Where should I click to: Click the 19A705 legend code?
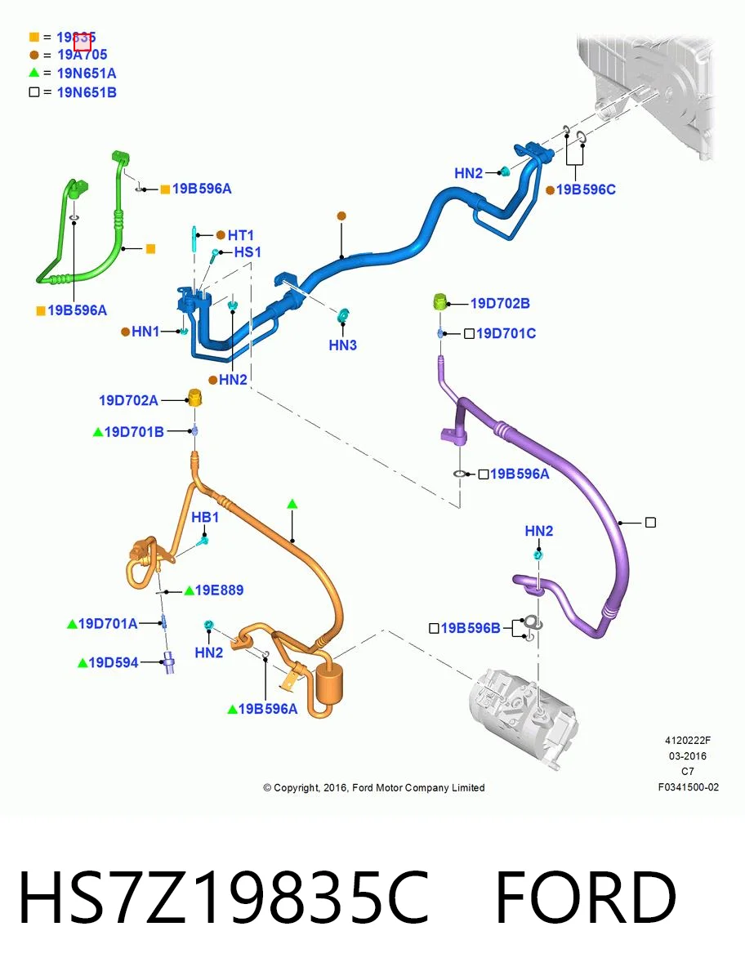[x=83, y=55]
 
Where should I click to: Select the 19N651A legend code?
[x=87, y=73]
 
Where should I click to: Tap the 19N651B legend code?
[x=87, y=92]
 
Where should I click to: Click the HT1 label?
[x=241, y=235]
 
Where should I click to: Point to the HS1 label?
[x=248, y=252]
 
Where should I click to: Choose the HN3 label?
[x=343, y=345]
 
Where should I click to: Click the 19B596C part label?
[x=586, y=189]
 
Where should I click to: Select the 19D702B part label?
[x=501, y=304]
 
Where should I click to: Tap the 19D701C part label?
[x=506, y=333]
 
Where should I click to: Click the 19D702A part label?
[x=128, y=400]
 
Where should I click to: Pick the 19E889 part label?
[x=219, y=590]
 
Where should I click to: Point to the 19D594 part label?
[x=114, y=662]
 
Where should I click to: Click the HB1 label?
[x=205, y=518]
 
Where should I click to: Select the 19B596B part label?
[x=471, y=628]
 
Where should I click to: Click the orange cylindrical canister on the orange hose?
[x=330, y=683]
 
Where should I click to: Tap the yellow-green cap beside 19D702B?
[x=440, y=302]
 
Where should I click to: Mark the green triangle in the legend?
[x=34, y=73]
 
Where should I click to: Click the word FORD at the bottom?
[x=586, y=897]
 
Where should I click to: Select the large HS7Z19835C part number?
[x=223, y=897]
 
